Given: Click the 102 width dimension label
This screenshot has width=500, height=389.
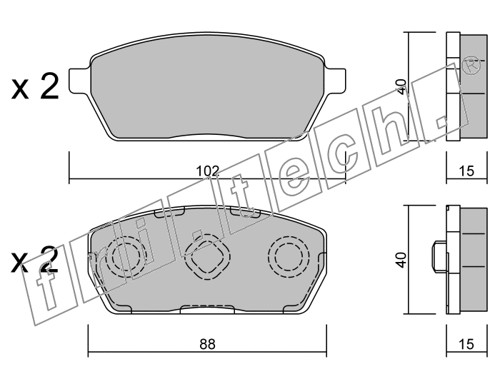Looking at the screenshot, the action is [x=208, y=171].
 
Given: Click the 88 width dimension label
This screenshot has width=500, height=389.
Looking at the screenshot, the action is [x=208, y=344].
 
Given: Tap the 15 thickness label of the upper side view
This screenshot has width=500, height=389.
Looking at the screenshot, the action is [x=466, y=171].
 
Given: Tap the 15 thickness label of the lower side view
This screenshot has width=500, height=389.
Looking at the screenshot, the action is [x=466, y=344].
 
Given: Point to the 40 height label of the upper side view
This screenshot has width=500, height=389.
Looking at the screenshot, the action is [x=402, y=86].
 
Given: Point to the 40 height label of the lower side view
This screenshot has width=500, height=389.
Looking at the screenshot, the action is [x=402, y=260].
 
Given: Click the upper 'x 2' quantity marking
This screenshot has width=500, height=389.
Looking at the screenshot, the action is [x=35, y=86].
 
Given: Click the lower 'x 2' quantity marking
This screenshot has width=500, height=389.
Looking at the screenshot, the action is [x=35, y=260].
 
